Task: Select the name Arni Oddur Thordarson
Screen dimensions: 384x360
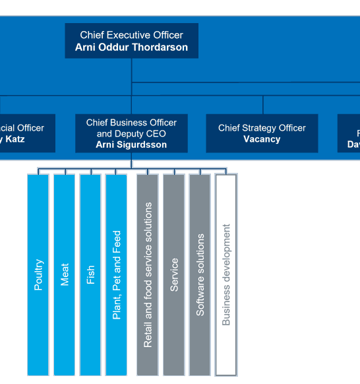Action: (131, 48)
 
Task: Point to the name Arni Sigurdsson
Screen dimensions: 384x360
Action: (131, 144)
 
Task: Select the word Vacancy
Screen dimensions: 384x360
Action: (262, 139)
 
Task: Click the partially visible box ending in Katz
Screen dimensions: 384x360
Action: (26, 133)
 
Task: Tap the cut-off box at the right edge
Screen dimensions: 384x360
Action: (349, 133)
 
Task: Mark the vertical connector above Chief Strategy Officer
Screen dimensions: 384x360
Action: (263, 105)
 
